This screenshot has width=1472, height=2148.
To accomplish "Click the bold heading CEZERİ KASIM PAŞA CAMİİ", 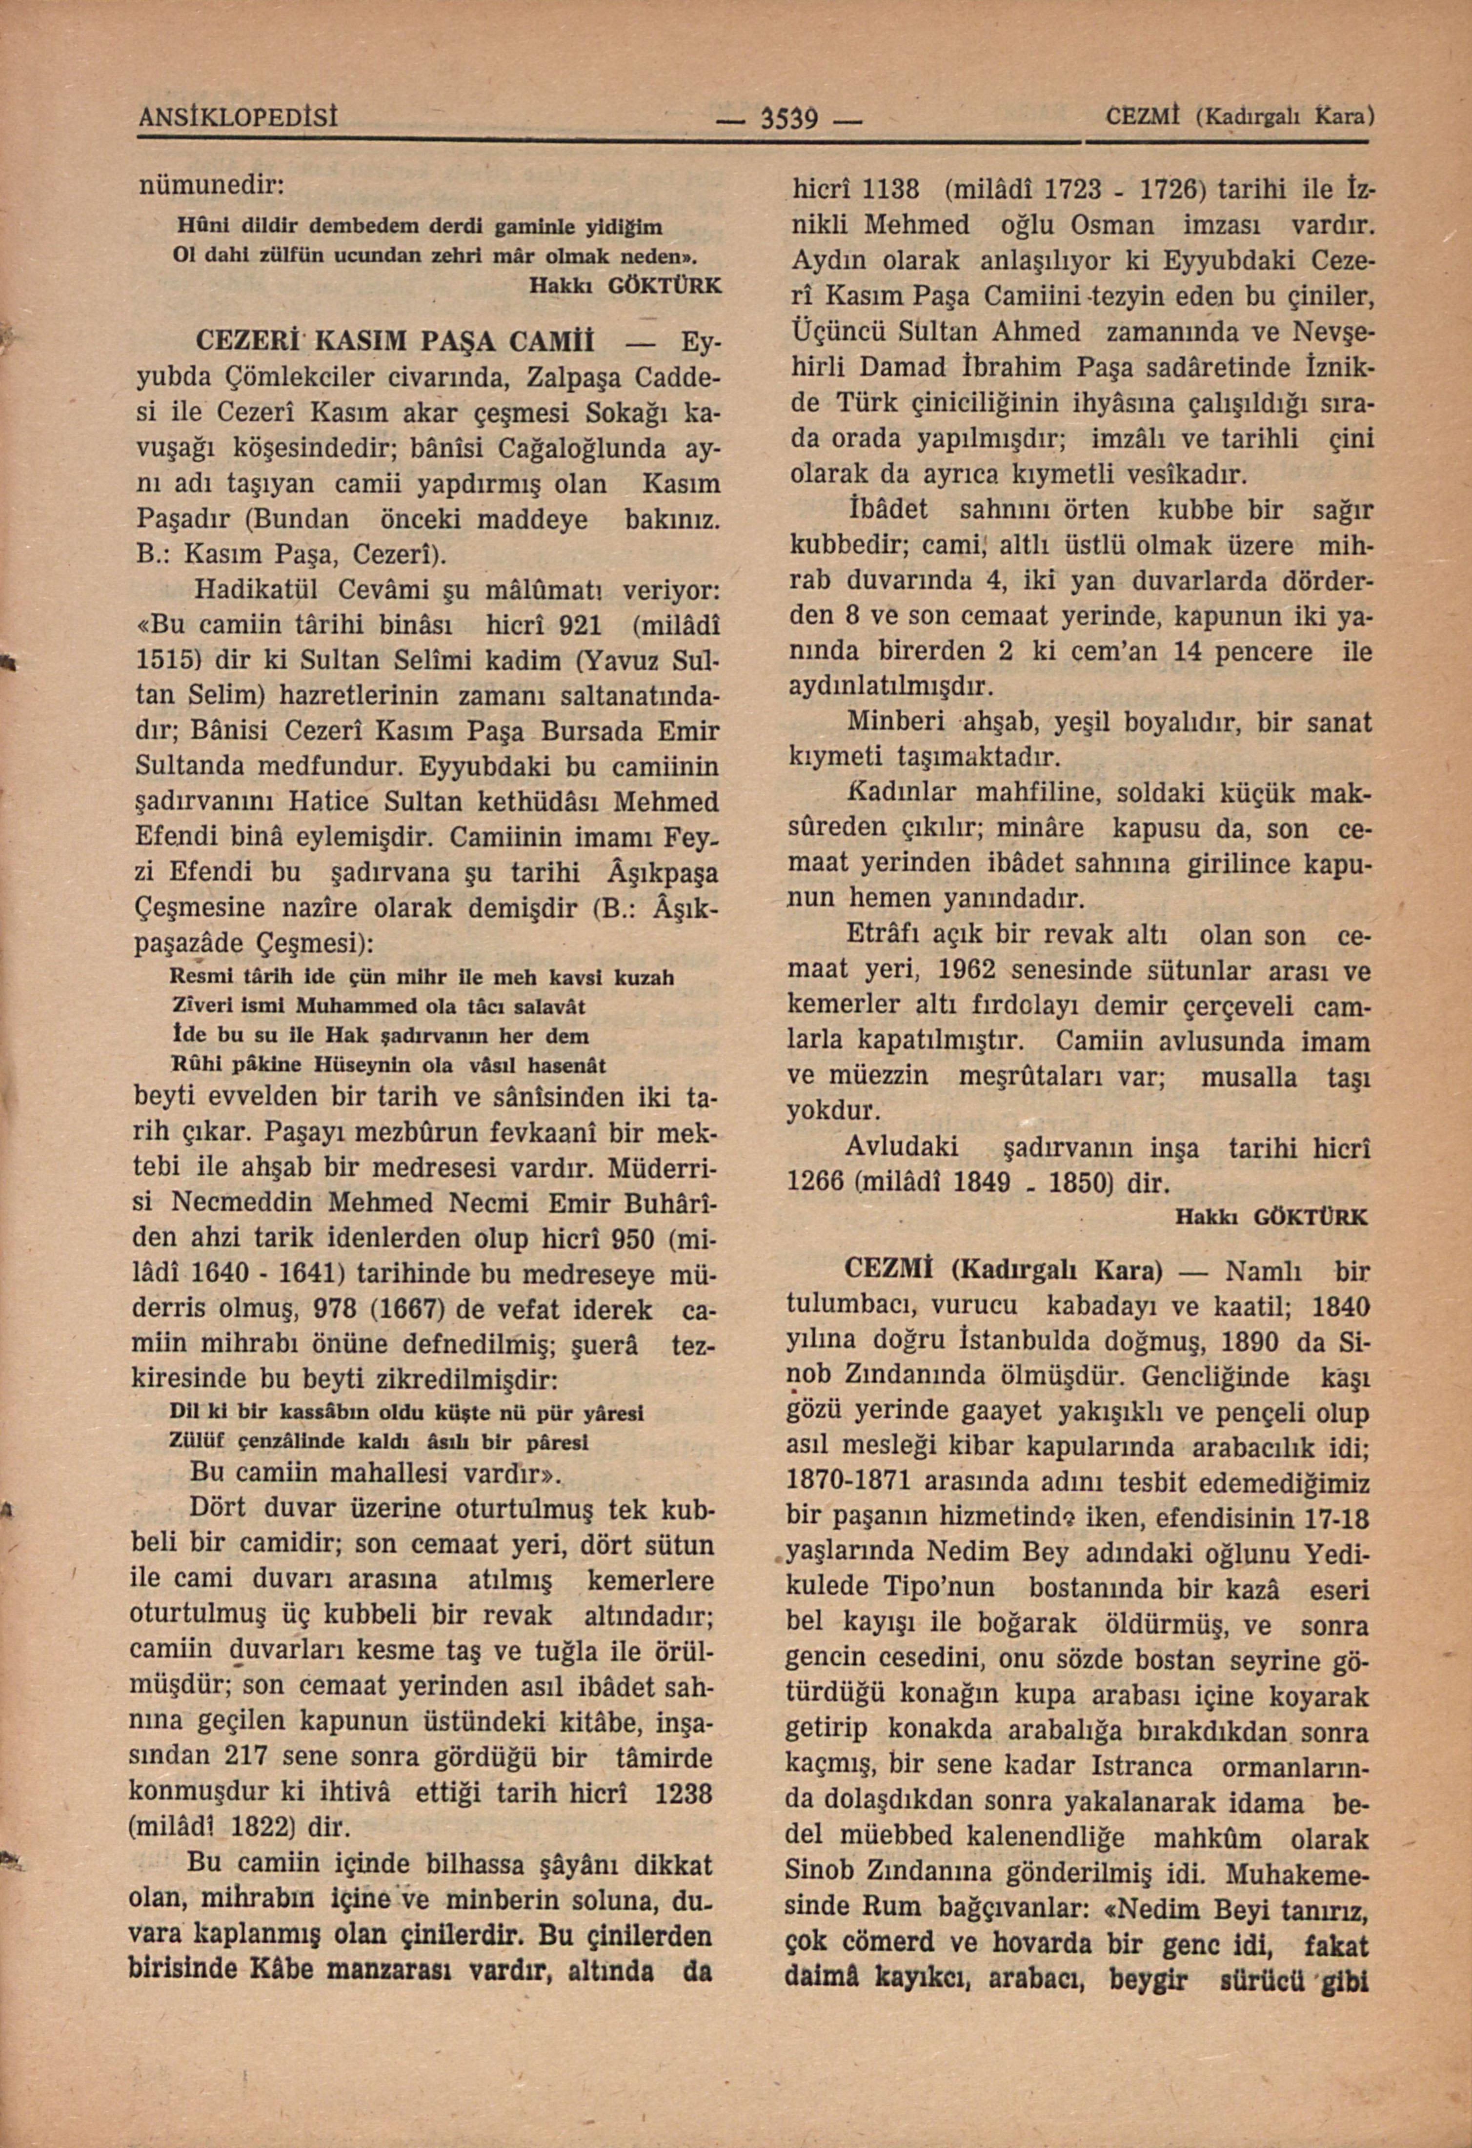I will pos(393,340).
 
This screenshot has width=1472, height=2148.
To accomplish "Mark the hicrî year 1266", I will pos(815,1182).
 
